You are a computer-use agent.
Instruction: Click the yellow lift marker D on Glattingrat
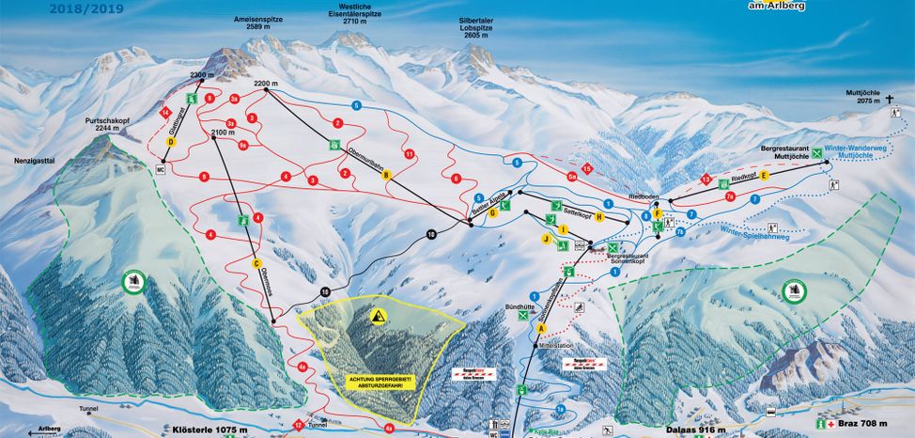click(x=171, y=142)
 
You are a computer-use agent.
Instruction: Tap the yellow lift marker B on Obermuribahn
click(x=384, y=176)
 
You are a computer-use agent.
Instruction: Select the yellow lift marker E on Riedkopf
click(x=765, y=176)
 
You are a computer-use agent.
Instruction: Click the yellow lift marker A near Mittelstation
click(x=541, y=328)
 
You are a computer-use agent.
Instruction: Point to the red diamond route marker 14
click(x=165, y=113)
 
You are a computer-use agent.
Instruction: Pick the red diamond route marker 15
click(x=587, y=168)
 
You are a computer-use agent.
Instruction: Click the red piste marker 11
click(x=409, y=153)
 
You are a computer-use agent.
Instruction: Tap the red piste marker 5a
click(x=571, y=176)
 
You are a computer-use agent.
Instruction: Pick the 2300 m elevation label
click(x=202, y=74)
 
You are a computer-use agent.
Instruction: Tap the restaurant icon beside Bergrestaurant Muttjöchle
click(x=817, y=152)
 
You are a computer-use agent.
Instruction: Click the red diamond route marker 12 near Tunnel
click(x=298, y=425)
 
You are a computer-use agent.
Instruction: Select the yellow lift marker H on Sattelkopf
click(x=599, y=216)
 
